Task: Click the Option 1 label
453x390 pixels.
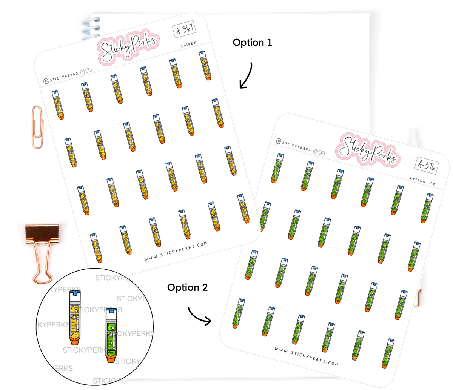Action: [x=252, y=43]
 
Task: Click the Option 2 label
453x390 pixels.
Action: [x=187, y=288]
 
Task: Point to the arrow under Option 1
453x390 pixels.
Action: [x=246, y=75]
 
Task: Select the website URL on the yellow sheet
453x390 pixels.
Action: [x=176, y=252]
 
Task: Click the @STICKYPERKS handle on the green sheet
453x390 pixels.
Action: [x=293, y=145]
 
